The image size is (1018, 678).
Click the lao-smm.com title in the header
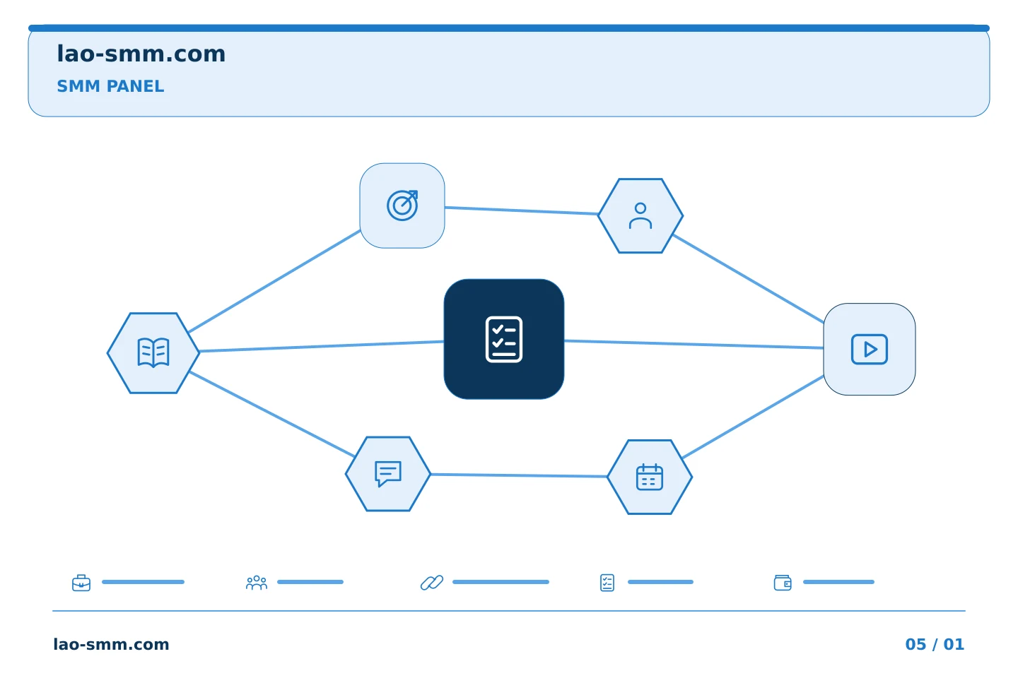(141, 54)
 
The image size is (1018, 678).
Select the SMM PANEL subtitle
(110, 86)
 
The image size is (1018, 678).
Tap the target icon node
(402, 206)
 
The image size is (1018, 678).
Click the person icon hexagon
(640, 215)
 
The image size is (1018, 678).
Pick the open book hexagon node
(153, 353)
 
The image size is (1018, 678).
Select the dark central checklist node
(504, 339)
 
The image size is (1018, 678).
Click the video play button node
(870, 349)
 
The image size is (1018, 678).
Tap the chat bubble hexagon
(387, 474)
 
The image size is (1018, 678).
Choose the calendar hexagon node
(650, 477)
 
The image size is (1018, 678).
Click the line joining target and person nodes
(521, 210)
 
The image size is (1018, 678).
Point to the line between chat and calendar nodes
(519, 475)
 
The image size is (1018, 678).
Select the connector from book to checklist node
(322, 346)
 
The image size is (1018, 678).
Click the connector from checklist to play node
(694, 344)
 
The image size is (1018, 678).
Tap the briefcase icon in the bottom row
(81, 583)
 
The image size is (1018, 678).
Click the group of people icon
(257, 583)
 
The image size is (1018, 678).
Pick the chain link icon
(432, 583)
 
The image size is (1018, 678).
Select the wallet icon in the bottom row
(783, 583)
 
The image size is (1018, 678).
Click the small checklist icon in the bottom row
(607, 583)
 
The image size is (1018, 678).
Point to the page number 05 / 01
(935, 644)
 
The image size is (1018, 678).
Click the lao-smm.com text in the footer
(112, 644)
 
